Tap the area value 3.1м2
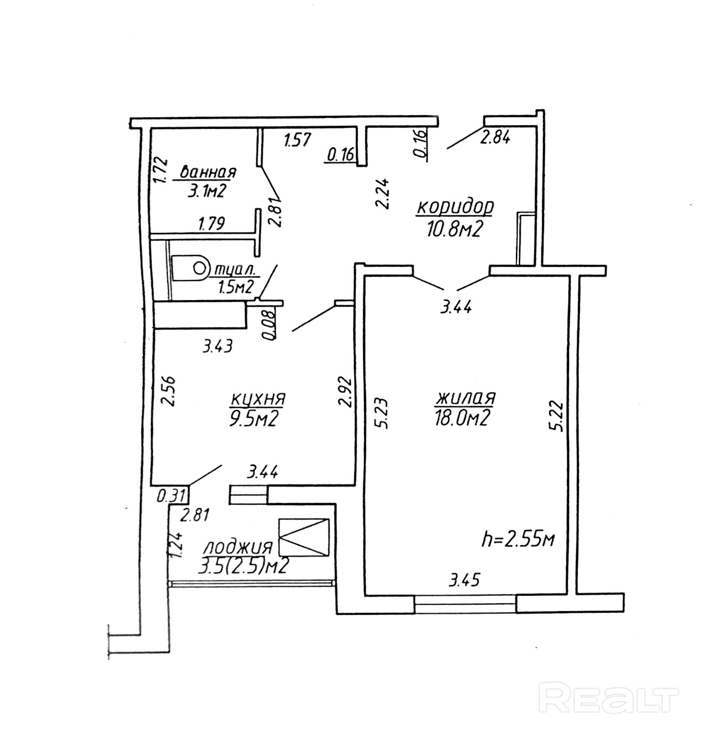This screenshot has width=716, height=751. pyautogui.click(x=206, y=191)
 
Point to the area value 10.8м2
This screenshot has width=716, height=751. pyautogui.click(x=455, y=229)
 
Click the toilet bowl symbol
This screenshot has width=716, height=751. pyautogui.click(x=191, y=268)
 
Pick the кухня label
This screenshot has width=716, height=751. pyautogui.click(x=258, y=399)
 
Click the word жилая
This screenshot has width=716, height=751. pyautogui.click(x=465, y=398)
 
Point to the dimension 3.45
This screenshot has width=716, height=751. pyautogui.click(x=464, y=580)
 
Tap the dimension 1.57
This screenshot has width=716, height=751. pyautogui.click(x=297, y=140)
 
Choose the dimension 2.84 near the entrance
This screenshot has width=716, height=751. pyautogui.click(x=495, y=138)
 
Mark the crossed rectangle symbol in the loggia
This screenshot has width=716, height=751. pyautogui.click(x=304, y=538)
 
